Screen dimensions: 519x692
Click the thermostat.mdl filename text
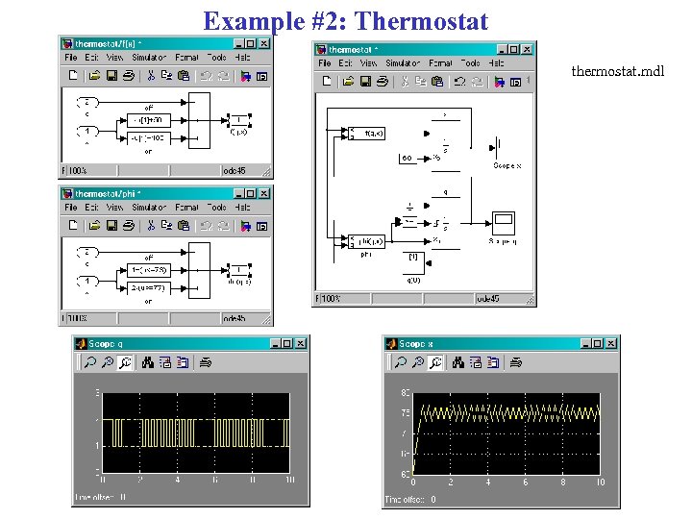616,72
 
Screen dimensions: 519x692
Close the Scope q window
301,343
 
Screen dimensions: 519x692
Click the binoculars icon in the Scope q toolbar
148,363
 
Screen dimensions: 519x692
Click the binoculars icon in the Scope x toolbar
458,363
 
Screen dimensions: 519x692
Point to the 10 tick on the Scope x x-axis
601,482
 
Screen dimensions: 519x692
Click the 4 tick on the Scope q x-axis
178,480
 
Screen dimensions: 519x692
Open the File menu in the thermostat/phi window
71,207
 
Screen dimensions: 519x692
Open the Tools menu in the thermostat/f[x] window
216,57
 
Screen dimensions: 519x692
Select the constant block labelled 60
408,157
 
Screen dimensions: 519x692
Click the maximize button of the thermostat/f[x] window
250,43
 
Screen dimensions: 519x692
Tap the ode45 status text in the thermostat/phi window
235,318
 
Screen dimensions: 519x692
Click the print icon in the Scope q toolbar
205,363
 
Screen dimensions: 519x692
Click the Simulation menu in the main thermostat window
403,63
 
